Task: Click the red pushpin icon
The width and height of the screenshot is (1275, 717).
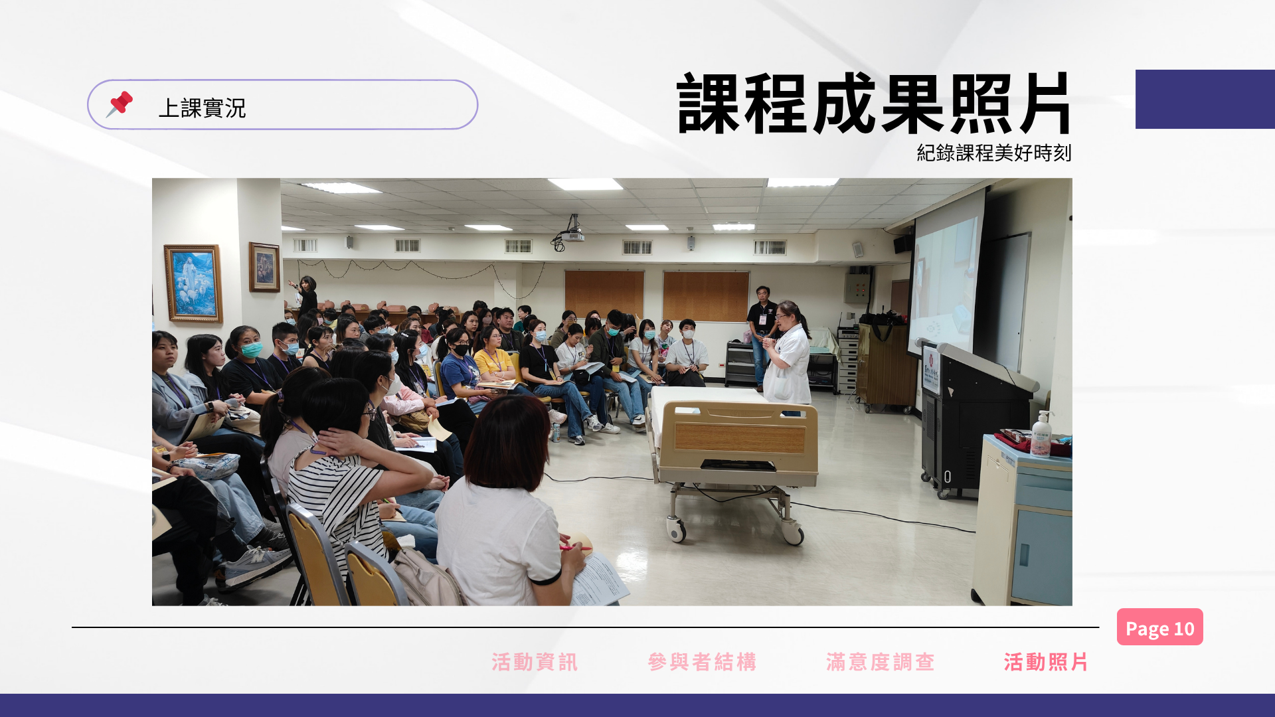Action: click(x=120, y=104)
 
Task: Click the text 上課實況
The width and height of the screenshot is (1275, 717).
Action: click(x=202, y=108)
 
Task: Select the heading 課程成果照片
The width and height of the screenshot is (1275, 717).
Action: click(x=873, y=104)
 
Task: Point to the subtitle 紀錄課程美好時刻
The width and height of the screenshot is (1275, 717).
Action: click(x=993, y=153)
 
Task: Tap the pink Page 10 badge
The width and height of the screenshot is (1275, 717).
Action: click(x=1159, y=627)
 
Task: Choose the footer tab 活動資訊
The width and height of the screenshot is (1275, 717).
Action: click(x=535, y=662)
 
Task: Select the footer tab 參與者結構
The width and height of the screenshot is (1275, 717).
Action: click(x=702, y=662)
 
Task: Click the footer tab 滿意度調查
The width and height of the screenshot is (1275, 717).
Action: click(x=881, y=662)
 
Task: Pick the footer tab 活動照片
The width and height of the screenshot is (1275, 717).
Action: click(x=1046, y=662)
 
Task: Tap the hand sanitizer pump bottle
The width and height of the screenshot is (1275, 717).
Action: click(x=1041, y=434)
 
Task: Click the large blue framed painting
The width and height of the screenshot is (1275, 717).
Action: click(x=193, y=283)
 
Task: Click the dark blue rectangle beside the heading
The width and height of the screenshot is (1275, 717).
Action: click(x=1205, y=99)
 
